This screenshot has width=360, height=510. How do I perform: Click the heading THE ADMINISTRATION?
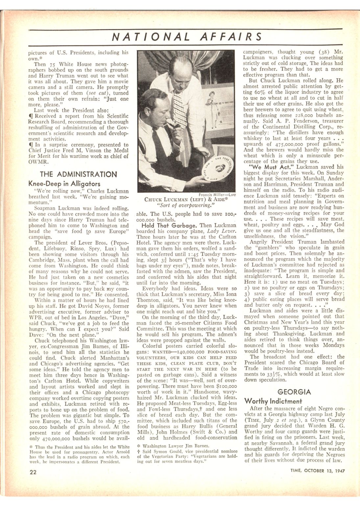(78, 174)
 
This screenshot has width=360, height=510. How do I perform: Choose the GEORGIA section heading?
(294, 392)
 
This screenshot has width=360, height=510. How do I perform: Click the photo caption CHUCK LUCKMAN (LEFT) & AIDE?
(186, 200)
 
